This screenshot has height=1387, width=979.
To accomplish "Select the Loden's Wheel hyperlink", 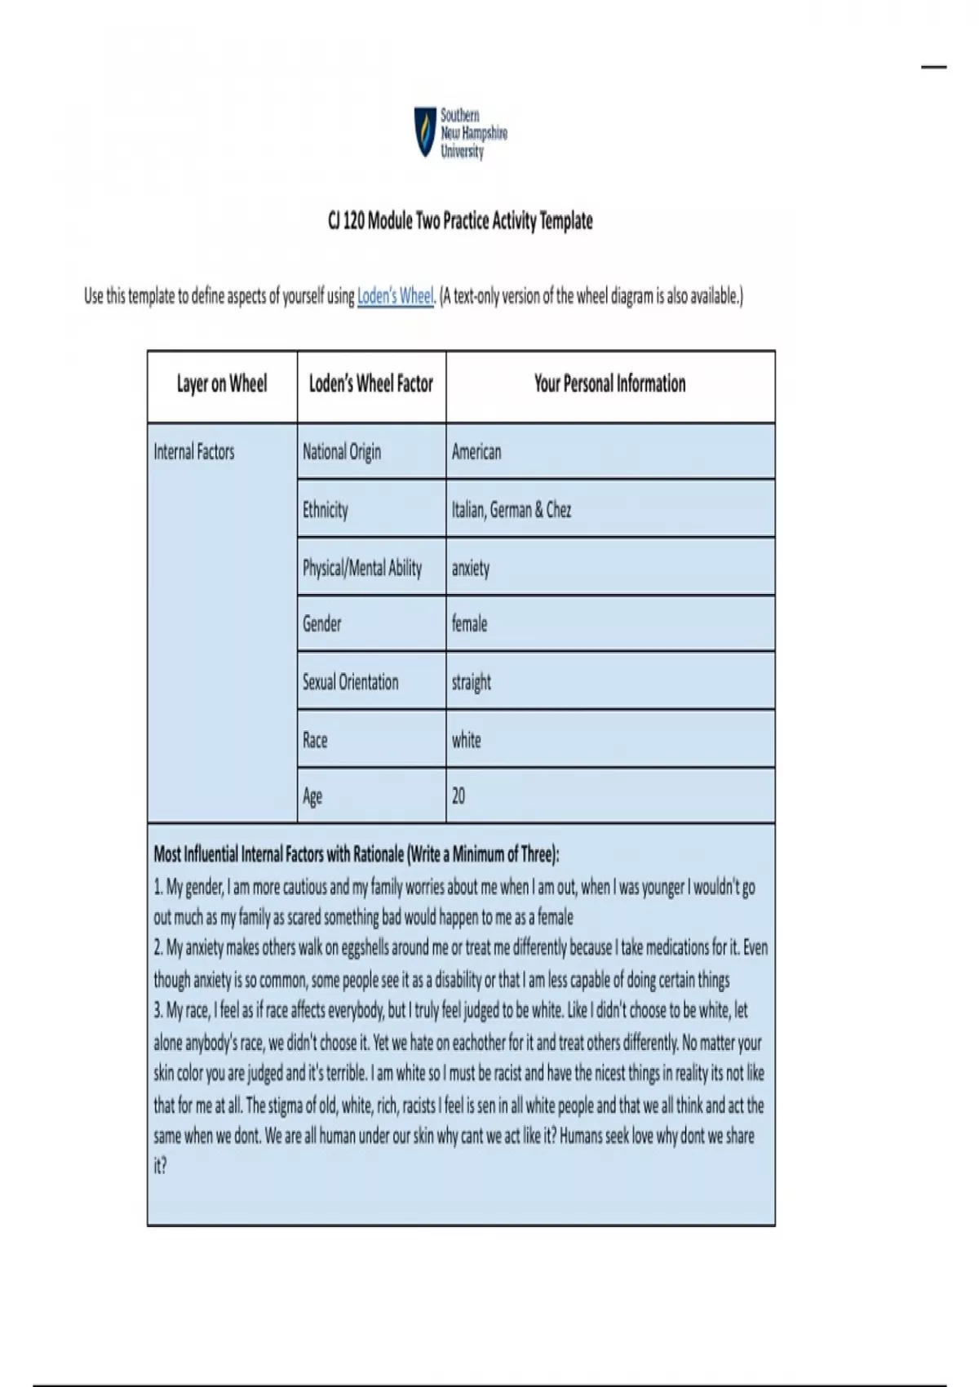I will (x=395, y=296).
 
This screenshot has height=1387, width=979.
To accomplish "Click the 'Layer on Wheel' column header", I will (x=222, y=384).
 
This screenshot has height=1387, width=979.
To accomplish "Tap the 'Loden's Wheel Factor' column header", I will (x=371, y=384).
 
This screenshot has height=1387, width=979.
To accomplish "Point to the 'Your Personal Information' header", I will (x=609, y=384).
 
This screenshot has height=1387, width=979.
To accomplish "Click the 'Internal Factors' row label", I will (x=194, y=452).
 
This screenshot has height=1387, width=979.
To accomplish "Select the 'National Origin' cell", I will (x=342, y=452).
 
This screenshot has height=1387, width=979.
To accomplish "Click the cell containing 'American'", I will (x=476, y=452).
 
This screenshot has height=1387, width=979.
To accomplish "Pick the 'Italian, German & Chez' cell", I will (x=512, y=510).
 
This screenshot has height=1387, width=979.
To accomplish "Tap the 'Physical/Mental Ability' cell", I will (x=362, y=568).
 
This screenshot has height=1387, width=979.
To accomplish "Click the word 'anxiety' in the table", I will (x=471, y=568).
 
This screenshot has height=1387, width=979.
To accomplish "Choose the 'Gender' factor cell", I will (x=322, y=624).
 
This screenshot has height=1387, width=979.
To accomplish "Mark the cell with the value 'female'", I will (x=469, y=624).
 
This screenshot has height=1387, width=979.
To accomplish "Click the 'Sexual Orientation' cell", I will (x=351, y=682).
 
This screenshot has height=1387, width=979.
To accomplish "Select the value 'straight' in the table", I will (x=472, y=682).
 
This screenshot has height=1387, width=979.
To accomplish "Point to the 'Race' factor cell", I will (x=315, y=740).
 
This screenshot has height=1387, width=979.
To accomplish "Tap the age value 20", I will (x=458, y=795).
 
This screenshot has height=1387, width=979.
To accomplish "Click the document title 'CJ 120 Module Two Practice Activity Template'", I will (x=460, y=221).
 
